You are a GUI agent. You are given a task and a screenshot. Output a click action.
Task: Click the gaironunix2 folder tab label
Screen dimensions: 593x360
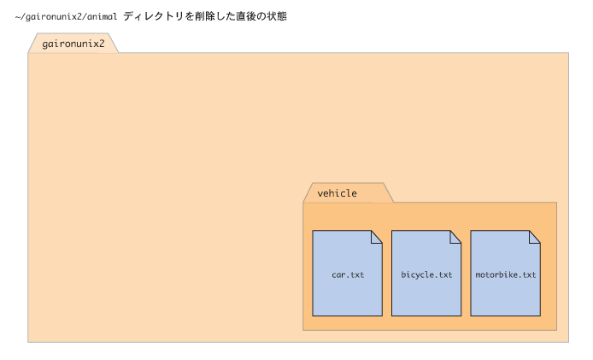pyautogui.click(x=73, y=44)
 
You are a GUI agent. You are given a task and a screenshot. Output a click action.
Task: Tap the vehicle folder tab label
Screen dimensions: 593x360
pyautogui.click(x=337, y=193)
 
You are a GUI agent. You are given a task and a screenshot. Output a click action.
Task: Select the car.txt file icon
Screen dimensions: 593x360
pyautogui.click(x=347, y=273)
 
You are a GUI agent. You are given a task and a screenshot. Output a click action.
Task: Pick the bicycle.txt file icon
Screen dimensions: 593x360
pyautogui.click(x=426, y=273)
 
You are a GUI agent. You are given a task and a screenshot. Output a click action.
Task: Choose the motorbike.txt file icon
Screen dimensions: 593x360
pyautogui.click(x=505, y=273)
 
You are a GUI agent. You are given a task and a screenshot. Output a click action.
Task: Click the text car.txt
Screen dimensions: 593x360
pyautogui.click(x=348, y=274)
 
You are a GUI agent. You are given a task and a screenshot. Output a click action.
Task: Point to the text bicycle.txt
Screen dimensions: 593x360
pyautogui.click(x=426, y=274)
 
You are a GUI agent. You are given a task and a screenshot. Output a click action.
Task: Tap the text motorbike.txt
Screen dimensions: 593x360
pyautogui.click(x=506, y=274)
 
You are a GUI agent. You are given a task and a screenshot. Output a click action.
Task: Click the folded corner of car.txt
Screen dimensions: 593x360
pyautogui.click(x=377, y=237)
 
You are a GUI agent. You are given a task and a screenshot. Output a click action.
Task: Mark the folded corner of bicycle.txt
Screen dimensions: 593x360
pyautogui.click(x=455, y=237)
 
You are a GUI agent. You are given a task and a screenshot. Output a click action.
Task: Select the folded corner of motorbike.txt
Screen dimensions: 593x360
pyautogui.click(x=535, y=237)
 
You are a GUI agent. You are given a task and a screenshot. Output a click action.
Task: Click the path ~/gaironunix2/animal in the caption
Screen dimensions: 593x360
pyautogui.click(x=66, y=16)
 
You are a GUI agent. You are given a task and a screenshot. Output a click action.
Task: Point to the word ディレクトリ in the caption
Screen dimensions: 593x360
pyautogui.click(x=153, y=16)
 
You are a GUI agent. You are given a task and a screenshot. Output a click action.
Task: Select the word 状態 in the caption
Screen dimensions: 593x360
pyautogui.click(x=277, y=16)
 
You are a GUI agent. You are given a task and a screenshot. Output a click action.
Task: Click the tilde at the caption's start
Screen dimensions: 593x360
pyautogui.click(x=17, y=16)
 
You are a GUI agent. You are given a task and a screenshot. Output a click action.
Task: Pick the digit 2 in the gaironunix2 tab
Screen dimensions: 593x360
pyautogui.click(x=102, y=44)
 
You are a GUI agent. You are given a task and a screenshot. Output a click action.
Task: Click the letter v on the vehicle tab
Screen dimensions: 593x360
pyautogui.click(x=320, y=194)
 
